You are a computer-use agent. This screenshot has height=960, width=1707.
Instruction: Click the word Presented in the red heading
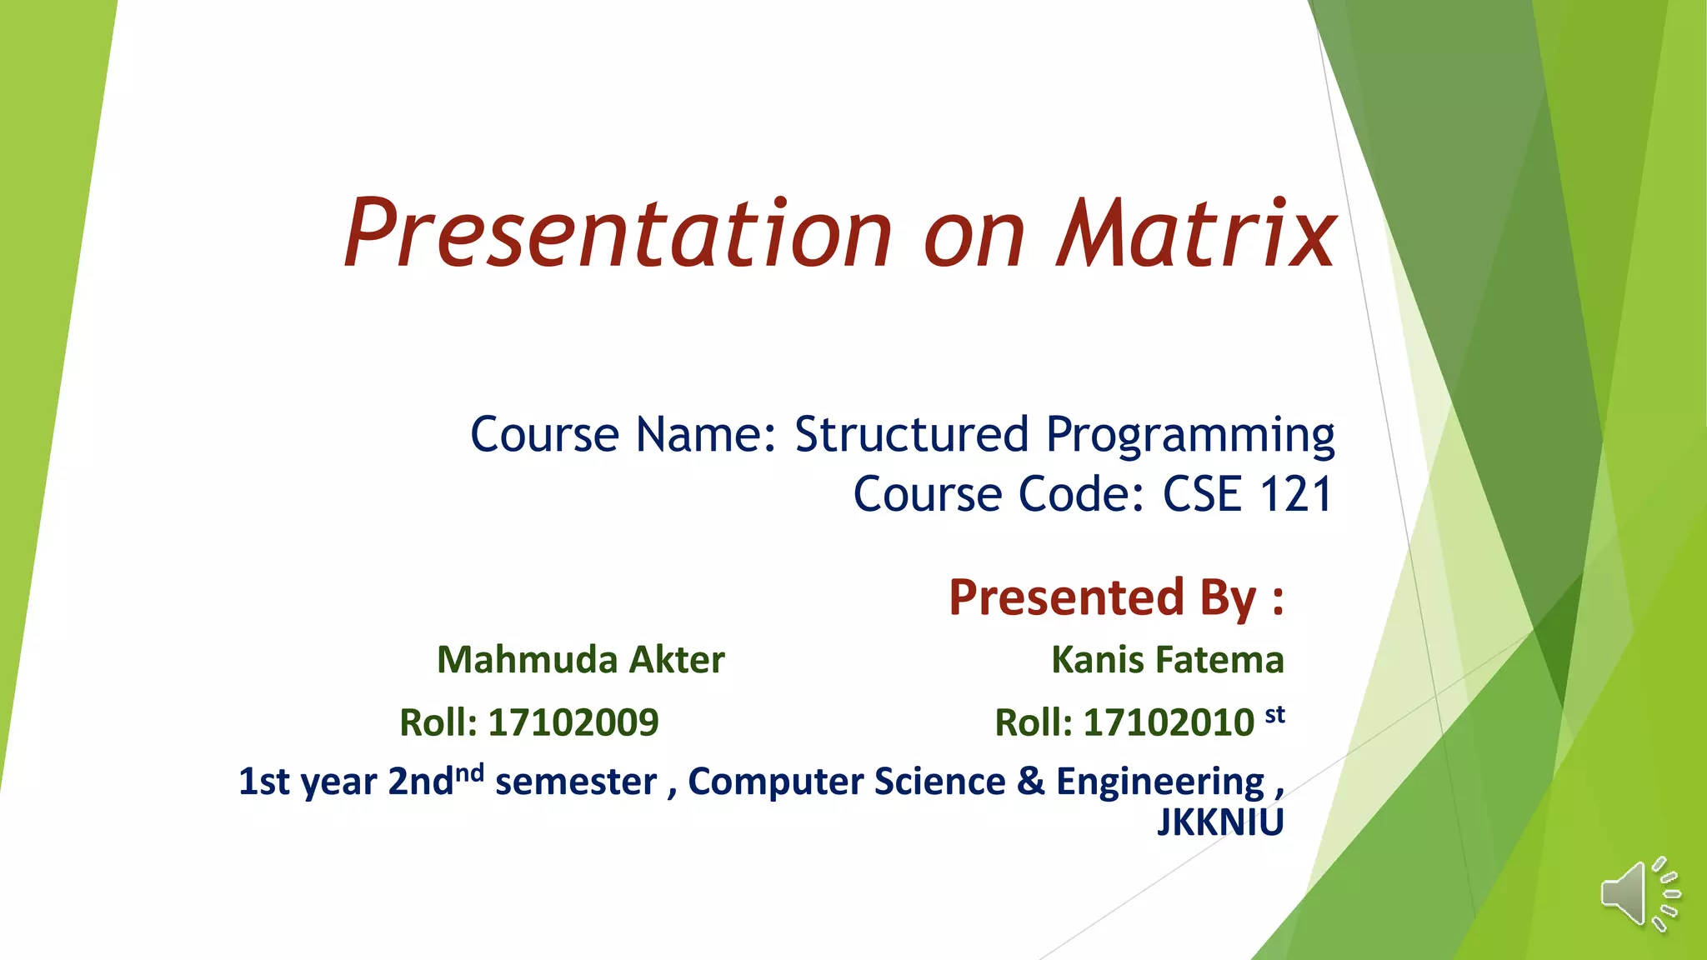(1066, 597)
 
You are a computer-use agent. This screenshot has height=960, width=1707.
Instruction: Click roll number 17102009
(573, 722)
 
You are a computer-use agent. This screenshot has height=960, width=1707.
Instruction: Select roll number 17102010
(1169, 722)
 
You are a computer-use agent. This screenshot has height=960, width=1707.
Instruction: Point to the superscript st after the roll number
(1275, 714)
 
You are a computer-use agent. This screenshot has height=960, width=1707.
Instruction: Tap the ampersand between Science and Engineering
(1030, 782)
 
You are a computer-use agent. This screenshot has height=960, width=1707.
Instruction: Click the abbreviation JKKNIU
(1220, 822)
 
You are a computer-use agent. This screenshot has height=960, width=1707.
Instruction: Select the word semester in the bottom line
(576, 782)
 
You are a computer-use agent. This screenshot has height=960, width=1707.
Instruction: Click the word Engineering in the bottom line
(1160, 782)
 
